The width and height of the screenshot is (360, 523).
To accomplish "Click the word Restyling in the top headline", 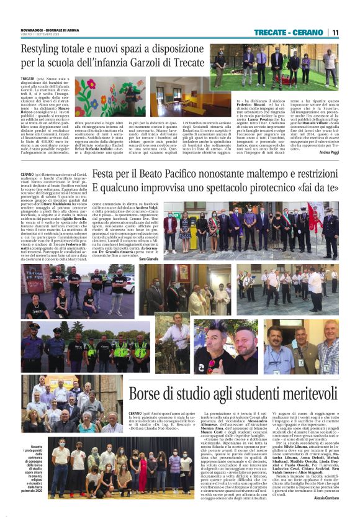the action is click(x=42, y=48).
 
